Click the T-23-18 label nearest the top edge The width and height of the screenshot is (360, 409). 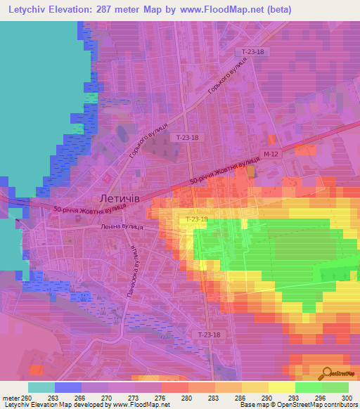coord(252,52)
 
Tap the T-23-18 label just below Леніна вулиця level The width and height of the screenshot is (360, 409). coord(196,220)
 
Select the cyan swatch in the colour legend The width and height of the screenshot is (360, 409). coord(41,387)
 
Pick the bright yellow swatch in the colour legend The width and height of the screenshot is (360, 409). coord(282,387)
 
